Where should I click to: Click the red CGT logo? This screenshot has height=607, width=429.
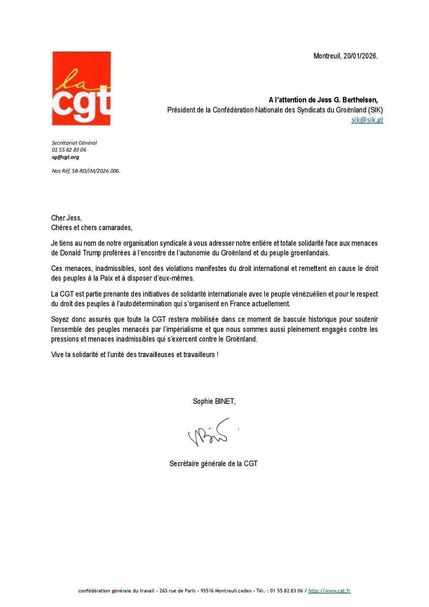click(x=81, y=88)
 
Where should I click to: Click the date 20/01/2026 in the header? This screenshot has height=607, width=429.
click(x=360, y=56)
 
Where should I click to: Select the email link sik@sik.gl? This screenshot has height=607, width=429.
click(x=367, y=120)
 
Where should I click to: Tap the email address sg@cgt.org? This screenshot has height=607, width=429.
click(x=65, y=157)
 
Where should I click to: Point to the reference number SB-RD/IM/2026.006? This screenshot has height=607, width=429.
click(x=96, y=171)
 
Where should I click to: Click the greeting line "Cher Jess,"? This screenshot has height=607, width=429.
click(x=66, y=218)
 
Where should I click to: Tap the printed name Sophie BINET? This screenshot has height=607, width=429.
click(x=214, y=401)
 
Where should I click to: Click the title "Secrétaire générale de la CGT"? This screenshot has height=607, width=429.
click(x=213, y=464)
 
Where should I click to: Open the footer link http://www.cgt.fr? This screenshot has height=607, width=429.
click(x=329, y=591)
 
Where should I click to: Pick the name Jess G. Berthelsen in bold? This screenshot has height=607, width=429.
click(x=347, y=100)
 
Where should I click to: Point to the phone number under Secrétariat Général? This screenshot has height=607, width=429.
click(x=69, y=150)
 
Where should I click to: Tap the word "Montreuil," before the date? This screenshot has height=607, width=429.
click(x=327, y=56)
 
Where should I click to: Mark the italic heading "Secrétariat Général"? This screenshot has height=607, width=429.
click(x=74, y=143)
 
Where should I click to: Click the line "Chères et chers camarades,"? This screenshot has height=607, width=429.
click(x=91, y=228)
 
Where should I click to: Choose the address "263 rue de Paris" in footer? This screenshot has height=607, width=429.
click(x=176, y=591)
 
